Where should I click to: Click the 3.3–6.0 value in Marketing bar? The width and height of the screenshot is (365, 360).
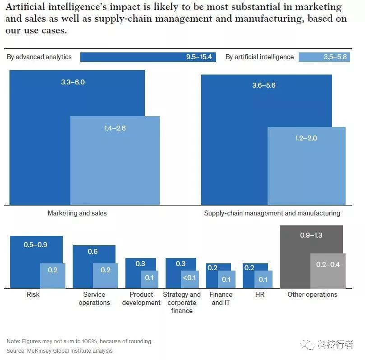click(73, 82)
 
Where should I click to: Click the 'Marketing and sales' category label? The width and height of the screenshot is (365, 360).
click(77, 213)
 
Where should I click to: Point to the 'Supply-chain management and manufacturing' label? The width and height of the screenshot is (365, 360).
click(272, 213)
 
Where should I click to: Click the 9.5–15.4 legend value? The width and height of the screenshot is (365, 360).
click(199, 57)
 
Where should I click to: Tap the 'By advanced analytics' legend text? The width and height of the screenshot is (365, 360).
click(39, 57)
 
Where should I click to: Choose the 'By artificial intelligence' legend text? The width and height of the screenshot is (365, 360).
click(259, 57)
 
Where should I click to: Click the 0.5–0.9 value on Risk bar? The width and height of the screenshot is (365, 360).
click(36, 245)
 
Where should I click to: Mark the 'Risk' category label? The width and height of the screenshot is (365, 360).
click(33, 295)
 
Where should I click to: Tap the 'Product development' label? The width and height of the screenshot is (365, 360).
click(141, 299)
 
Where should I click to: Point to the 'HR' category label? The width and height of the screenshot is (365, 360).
click(259, 295)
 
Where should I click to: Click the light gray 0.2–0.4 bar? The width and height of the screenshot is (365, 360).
click(328, 271)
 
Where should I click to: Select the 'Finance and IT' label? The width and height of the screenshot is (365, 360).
click(221, 299)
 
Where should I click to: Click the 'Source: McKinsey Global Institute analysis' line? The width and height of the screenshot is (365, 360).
click(60, 351)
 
